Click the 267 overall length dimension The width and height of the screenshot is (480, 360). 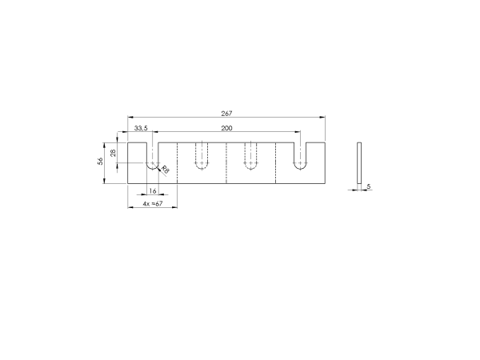click(x=226, y=114)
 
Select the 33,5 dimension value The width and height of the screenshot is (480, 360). click(x=141, y=128)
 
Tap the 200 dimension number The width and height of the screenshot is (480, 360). click(x=226, y=128)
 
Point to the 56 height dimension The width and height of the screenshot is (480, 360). click(x=100, y=162)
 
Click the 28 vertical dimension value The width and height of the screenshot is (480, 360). click(x=114, y=153)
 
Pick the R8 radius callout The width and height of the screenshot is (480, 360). click(x=165, y=170)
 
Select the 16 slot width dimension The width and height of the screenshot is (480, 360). click(x=153, y=191)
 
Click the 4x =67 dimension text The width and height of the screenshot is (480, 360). click(x=153, y=203)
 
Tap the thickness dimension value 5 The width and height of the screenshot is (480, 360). click(x=369, y=186)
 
